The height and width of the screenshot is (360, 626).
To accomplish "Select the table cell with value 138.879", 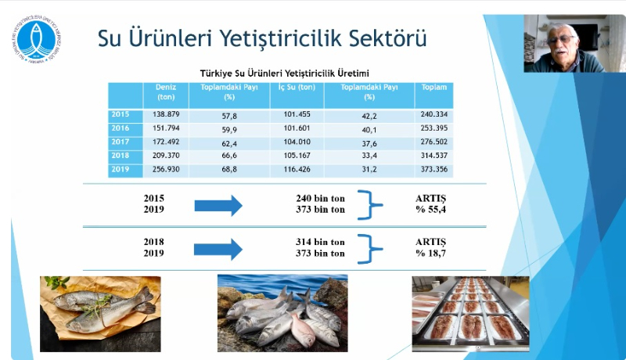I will point(165,115).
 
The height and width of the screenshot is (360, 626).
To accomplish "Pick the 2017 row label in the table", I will point(121,142).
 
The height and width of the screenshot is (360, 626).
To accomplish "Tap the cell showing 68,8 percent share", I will point(229,170).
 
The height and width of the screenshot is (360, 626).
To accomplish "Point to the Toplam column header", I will point(435,88).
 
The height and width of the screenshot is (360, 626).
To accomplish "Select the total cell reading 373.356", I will point(435,170).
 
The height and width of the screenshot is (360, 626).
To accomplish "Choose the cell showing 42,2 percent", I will point(369,115).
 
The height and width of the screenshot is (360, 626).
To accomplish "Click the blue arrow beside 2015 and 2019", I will point(218,206).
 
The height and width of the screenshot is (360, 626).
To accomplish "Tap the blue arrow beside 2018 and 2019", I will point(218,249).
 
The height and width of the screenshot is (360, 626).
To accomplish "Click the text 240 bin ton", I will point(317,199).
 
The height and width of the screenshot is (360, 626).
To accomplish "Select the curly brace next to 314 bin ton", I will point(372,248).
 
